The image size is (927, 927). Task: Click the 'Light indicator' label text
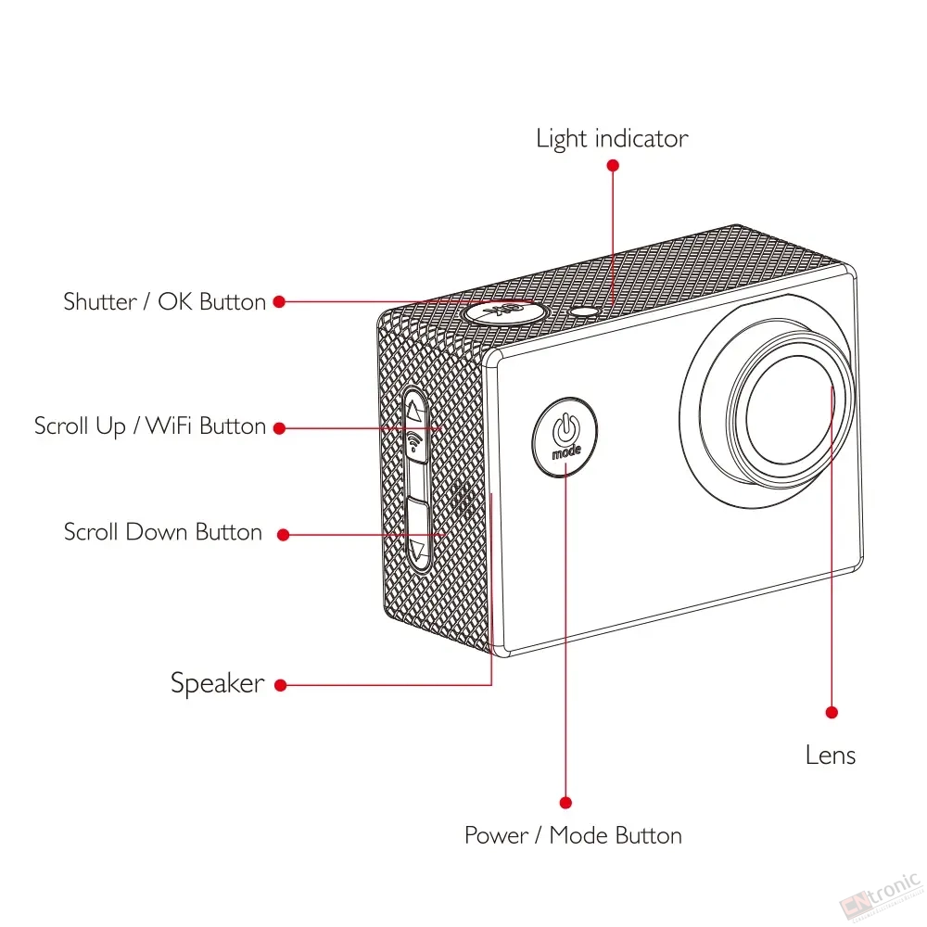pos(612,139)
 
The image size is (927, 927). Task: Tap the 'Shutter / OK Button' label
pos(164,301)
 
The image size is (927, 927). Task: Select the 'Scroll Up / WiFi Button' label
pos(149,426)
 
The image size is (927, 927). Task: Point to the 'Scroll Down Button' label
pos(162,532)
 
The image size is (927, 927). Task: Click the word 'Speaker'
pos(217,683)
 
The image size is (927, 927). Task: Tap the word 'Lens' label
pos(830,756)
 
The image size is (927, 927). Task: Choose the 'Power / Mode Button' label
pos(573,835)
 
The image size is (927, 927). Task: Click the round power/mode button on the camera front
pos(565,437)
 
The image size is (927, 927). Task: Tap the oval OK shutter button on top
pos(503,311)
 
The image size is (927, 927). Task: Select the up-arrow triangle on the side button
pos(414,411)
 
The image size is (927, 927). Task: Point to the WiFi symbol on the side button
pos(414,441)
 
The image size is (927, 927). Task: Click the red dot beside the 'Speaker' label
pos(281,685)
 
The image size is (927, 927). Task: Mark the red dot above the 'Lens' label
pos(832,712)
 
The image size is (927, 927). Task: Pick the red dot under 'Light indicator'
pos(613,166)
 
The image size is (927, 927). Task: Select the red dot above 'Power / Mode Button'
pos(565,803)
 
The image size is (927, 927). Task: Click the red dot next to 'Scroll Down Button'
pos(283,535)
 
